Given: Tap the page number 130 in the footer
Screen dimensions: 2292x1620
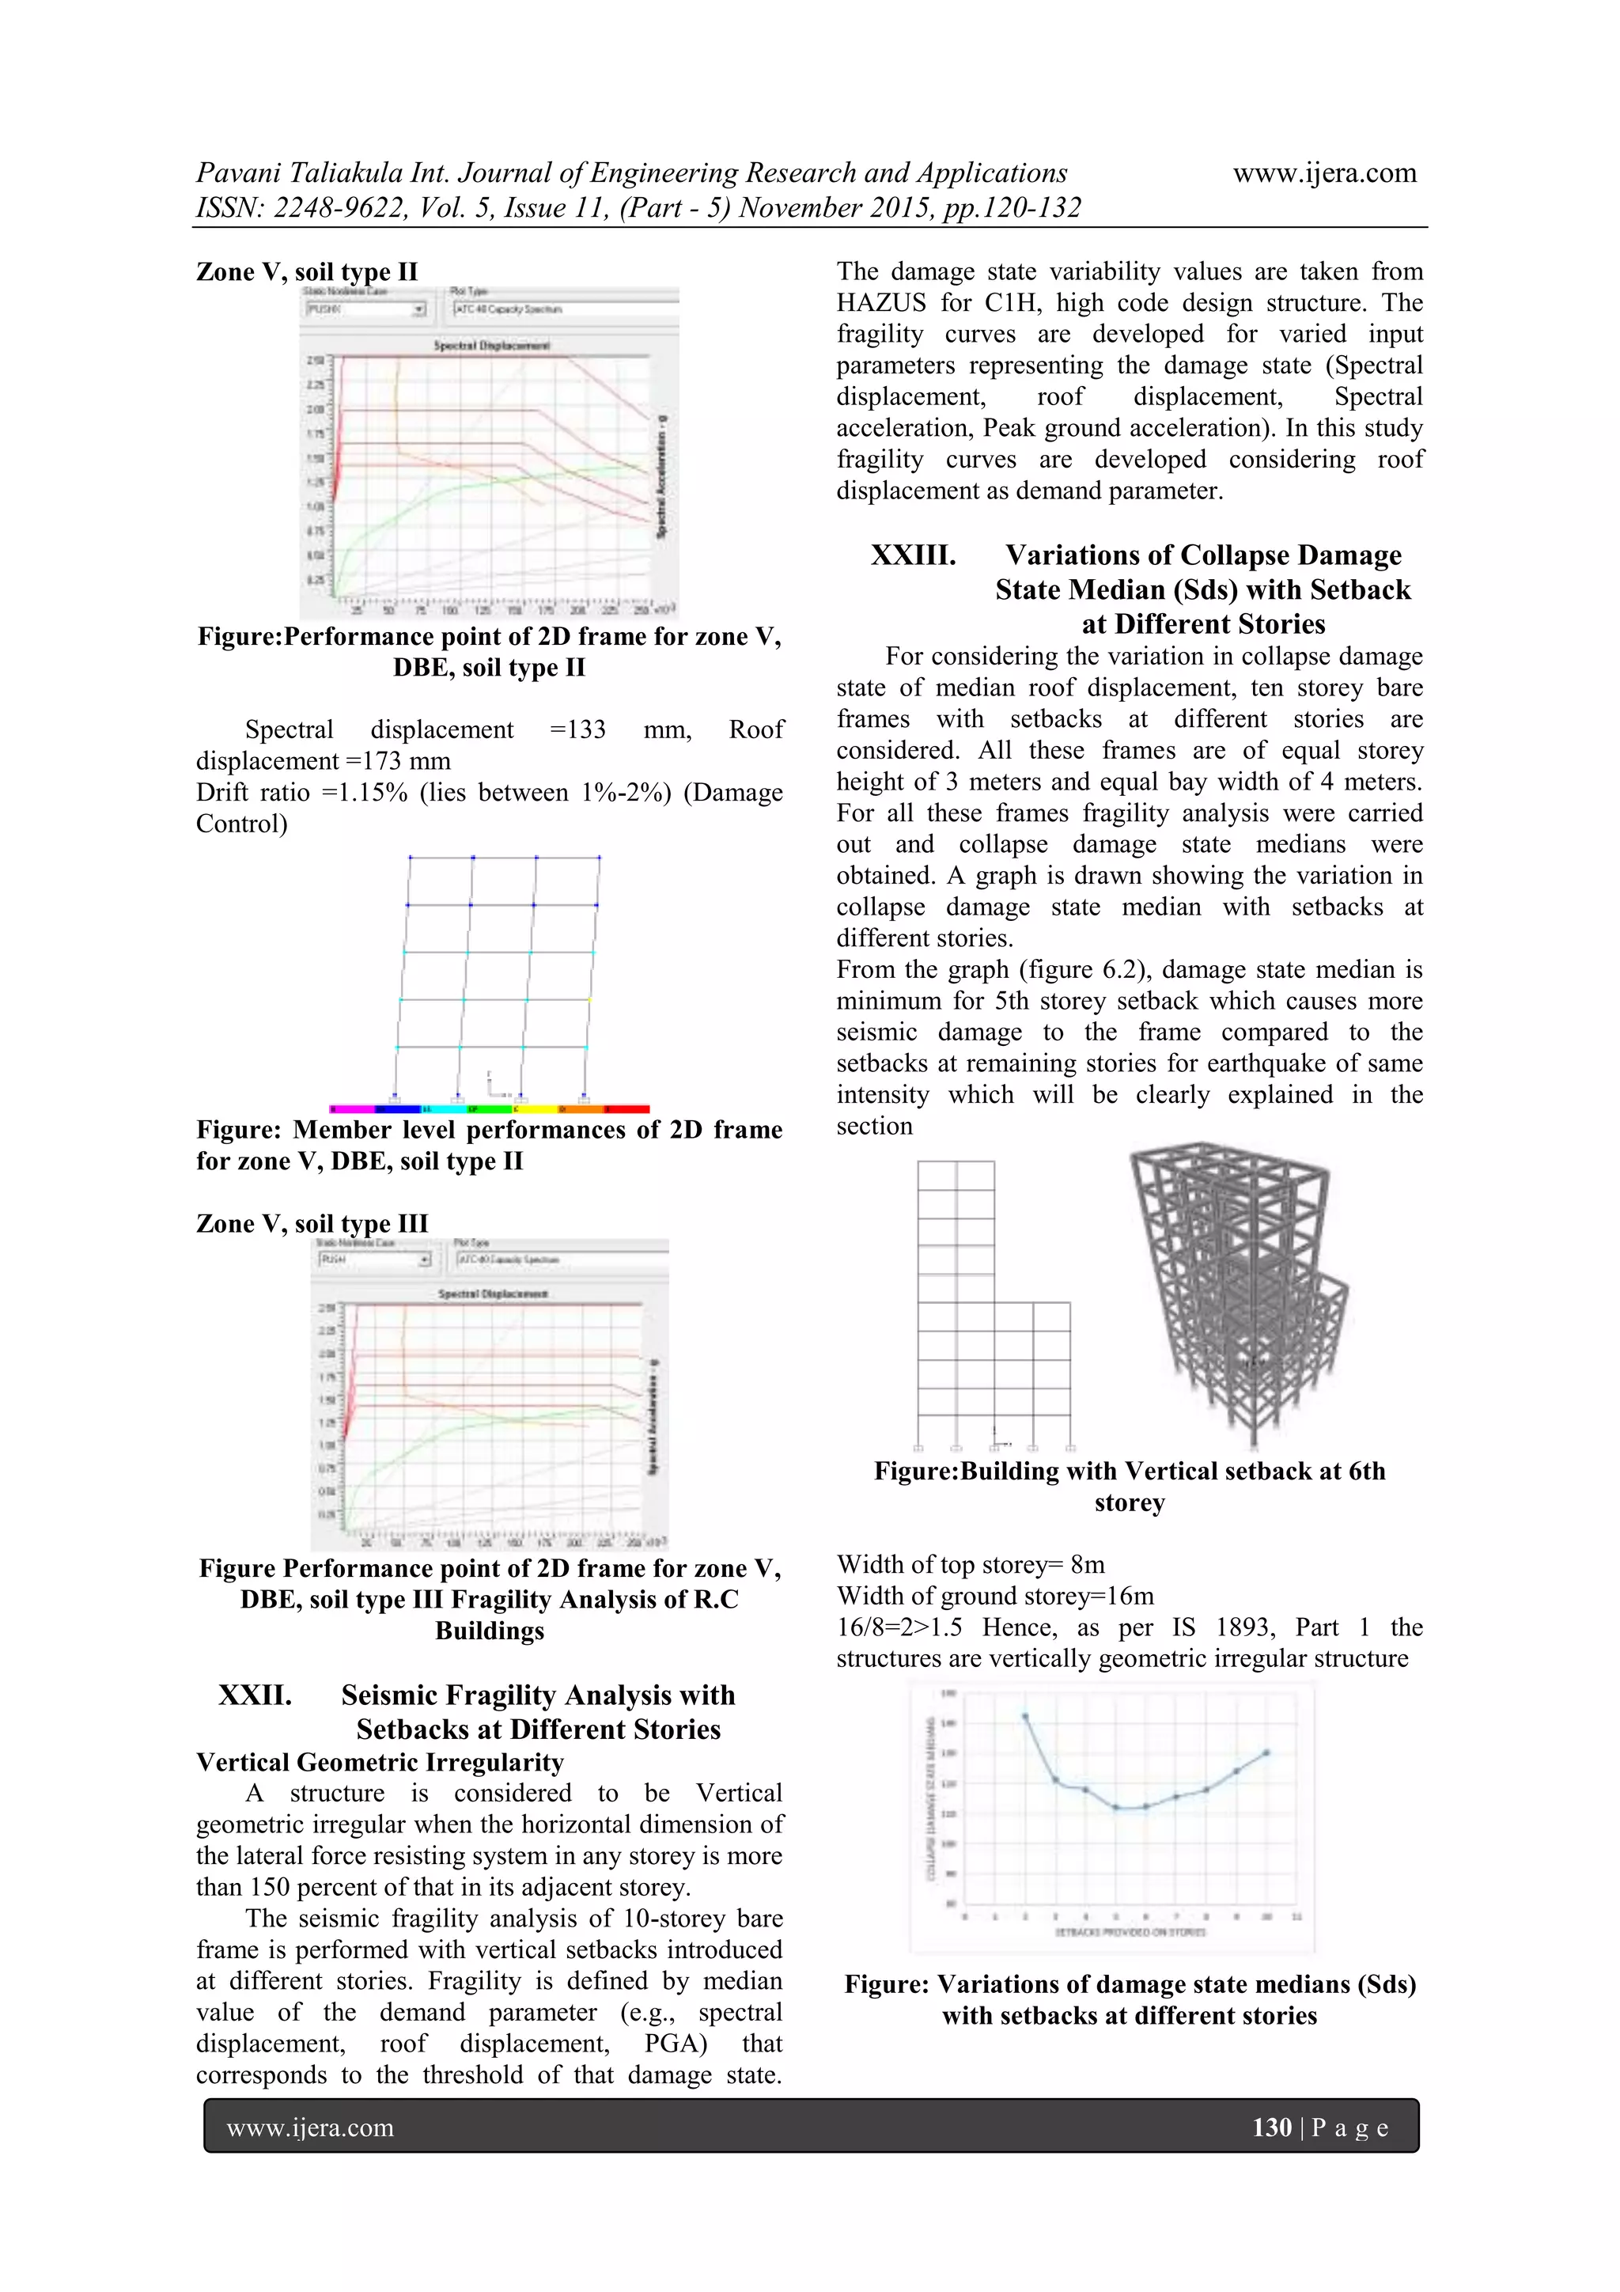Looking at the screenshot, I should click(x=1270, y=2127).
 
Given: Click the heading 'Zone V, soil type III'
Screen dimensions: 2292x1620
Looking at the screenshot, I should click(x=312, y=1223).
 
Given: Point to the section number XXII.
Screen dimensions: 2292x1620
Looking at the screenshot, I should click(x=255, y=1695).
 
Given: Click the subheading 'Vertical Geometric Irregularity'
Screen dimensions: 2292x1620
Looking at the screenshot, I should click(x=380, y=1762).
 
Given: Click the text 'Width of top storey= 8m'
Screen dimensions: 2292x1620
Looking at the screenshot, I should click(x=971, y=1564).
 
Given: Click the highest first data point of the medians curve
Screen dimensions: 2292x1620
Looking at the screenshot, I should click(x=1025, y=1716).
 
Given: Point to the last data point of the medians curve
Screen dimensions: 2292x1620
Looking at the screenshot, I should click(x=1266, y=1752).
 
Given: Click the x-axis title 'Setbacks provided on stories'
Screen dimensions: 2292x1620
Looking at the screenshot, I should click(x=1129, y=1932).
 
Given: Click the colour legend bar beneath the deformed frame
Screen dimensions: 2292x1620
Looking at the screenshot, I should click(x=489, y=1109).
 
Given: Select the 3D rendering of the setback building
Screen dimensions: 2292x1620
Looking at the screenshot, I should click(x=1240, y=1293).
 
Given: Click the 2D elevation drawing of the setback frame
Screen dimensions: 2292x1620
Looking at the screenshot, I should click(x=994, y=1303).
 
